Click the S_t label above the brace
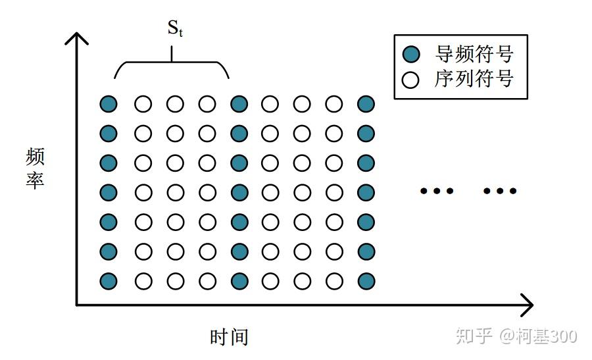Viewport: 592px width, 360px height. (174, 29)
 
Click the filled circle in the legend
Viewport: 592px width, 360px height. (411, 54)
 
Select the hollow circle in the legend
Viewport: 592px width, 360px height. (411, 80)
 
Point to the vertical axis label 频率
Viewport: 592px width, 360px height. (35, 168)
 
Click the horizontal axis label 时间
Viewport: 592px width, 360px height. (229, 337)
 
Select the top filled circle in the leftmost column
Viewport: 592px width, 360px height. (109, 103)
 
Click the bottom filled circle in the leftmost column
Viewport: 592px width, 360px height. (109, 281)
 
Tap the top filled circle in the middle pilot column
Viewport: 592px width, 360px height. (239, 103)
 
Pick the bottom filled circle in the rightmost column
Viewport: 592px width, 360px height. (366, 281)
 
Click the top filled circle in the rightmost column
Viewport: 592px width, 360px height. (366, 103)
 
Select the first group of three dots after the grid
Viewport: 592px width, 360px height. (437, 192)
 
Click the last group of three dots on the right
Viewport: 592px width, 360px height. (500, 192)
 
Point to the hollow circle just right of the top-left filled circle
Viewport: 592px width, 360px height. (143, 103)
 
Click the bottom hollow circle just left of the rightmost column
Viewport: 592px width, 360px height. (334, 281)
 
